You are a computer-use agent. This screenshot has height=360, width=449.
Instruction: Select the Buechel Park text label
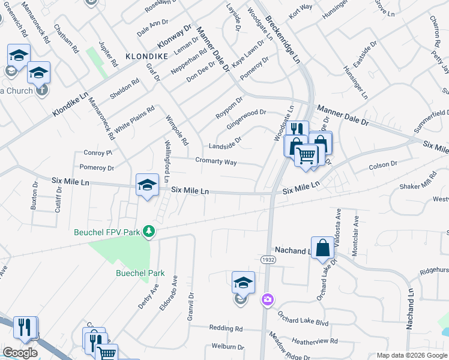[x=140, y=273]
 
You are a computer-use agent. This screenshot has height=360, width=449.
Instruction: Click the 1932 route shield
[x=268, y=259]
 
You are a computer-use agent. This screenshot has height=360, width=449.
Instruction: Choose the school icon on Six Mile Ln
[x=147, y=185]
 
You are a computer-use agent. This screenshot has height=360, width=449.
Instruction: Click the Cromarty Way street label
[x=215, y=161]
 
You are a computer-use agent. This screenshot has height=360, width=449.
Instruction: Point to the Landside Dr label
[x=224, y=145]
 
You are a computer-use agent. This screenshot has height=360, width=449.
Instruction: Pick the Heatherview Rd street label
[x=314, y=341]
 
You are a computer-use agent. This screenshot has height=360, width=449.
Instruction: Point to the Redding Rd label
[x=226, y=328]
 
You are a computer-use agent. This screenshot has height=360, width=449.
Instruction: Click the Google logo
[x=20, y=353]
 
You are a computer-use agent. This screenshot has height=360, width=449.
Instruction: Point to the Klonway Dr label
[x=174, y=37]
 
